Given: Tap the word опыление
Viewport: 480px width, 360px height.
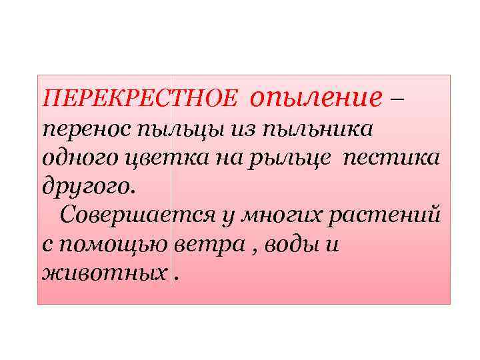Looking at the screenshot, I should [x=317, y=98].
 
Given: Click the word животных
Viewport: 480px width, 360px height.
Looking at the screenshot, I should [x=101, y=273].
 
